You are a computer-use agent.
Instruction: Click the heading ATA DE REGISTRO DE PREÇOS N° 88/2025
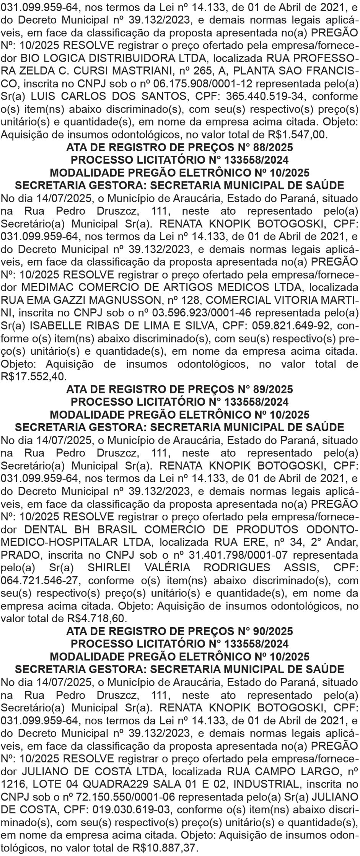click(x=180, y=148)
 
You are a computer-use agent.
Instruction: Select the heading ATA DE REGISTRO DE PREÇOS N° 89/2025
click(x=180, y=390)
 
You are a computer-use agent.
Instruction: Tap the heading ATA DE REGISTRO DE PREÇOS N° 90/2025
click(x=180, y=631)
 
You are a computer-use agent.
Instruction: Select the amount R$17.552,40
click(x=29, y=377)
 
